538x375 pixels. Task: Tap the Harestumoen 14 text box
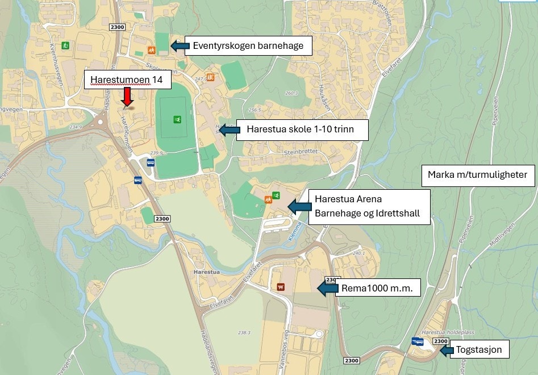pyautogui.click(x=127, y=80)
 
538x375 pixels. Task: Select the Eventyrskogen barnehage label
pyautogui.click(x=248, y=46)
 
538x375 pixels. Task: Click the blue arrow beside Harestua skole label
pyautogui.click(x=230, y=130)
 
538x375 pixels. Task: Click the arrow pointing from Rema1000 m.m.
pyautogui.click(x=327, y=288)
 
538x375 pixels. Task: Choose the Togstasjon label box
pyautogui.click(x=479, y=349)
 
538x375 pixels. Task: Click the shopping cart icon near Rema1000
pyautogui.click(x=280, y=287)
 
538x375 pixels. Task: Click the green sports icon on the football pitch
pyautogui.click(x=178, y=119)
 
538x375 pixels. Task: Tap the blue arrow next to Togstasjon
pyautogui.click(x=447, y=349)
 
